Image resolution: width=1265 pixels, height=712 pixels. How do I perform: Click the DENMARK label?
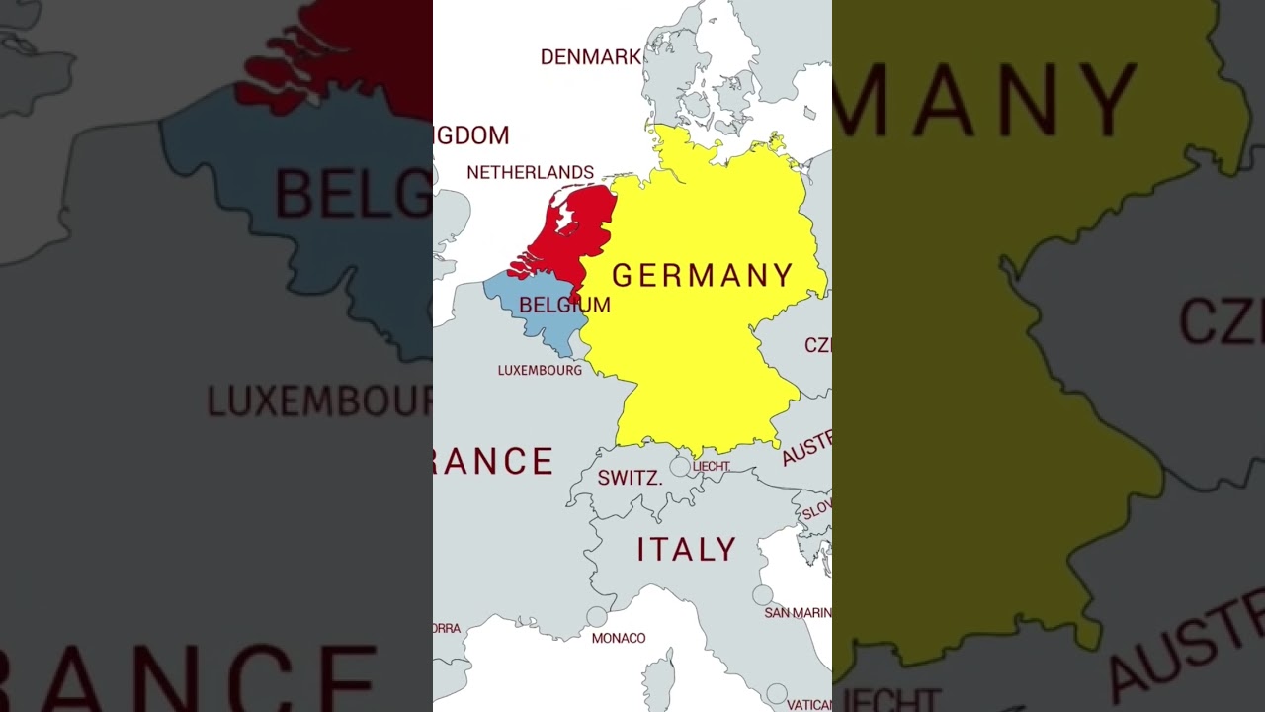591,57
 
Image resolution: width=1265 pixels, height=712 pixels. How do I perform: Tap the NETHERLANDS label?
530,172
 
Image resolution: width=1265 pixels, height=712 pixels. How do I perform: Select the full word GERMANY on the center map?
703,275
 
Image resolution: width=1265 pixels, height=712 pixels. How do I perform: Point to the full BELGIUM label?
564,305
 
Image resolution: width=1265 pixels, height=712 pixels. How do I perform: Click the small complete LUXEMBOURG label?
540,370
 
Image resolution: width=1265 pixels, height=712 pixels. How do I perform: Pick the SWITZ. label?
630,479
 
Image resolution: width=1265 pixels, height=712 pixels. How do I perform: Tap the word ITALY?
687,550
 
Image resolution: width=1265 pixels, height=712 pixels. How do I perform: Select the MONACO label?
619,638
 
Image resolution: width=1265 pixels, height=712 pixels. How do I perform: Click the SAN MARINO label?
798,613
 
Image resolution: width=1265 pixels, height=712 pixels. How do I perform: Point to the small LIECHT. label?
712,466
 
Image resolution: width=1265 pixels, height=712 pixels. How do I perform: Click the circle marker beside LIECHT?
680,466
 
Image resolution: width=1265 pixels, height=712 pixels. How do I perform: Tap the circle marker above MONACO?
596,616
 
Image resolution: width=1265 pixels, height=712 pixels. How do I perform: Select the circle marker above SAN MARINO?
762,595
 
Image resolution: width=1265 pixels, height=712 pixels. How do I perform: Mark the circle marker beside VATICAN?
777,694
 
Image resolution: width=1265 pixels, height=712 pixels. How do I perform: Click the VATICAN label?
809,705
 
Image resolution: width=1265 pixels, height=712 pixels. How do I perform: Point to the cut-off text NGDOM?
472,135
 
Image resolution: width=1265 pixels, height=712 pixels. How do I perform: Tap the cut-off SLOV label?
816,509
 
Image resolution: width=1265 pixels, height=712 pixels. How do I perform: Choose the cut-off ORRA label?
447,628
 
